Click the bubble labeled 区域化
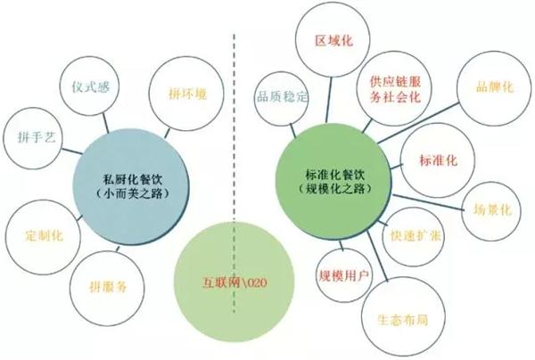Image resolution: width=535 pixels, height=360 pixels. (x=333, y=40)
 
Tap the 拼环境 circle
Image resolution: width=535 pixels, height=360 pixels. (x=186, y=94)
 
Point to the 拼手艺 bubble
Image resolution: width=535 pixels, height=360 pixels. (x=34, y=138)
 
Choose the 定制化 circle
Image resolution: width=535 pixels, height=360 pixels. (x=43, y=237)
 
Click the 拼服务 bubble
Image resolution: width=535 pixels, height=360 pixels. (x=107, y=288)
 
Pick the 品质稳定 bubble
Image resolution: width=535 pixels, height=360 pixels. (x=281, y=98)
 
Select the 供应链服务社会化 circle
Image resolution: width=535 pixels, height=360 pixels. (x=394, y=88)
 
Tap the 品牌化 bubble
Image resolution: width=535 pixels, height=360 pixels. (x=495, y=88)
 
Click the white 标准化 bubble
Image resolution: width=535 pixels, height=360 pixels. (x=438, y=160)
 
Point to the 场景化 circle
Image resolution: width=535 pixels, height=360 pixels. (x=491, y=211)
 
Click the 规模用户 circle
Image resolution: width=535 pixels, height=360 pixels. (x=343, y=275)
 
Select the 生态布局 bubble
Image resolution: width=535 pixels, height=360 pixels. (x=403, y=319)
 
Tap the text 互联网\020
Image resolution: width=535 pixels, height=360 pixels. (x=235, y=282)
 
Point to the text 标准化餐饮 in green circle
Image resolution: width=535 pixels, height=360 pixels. (x=335, y=174)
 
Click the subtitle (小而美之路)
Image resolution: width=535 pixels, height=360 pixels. (x=132, y=193)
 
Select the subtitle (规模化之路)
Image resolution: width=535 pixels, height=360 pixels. (x=335, y=189)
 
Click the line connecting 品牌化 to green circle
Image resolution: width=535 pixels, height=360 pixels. (x=419, y=123)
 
